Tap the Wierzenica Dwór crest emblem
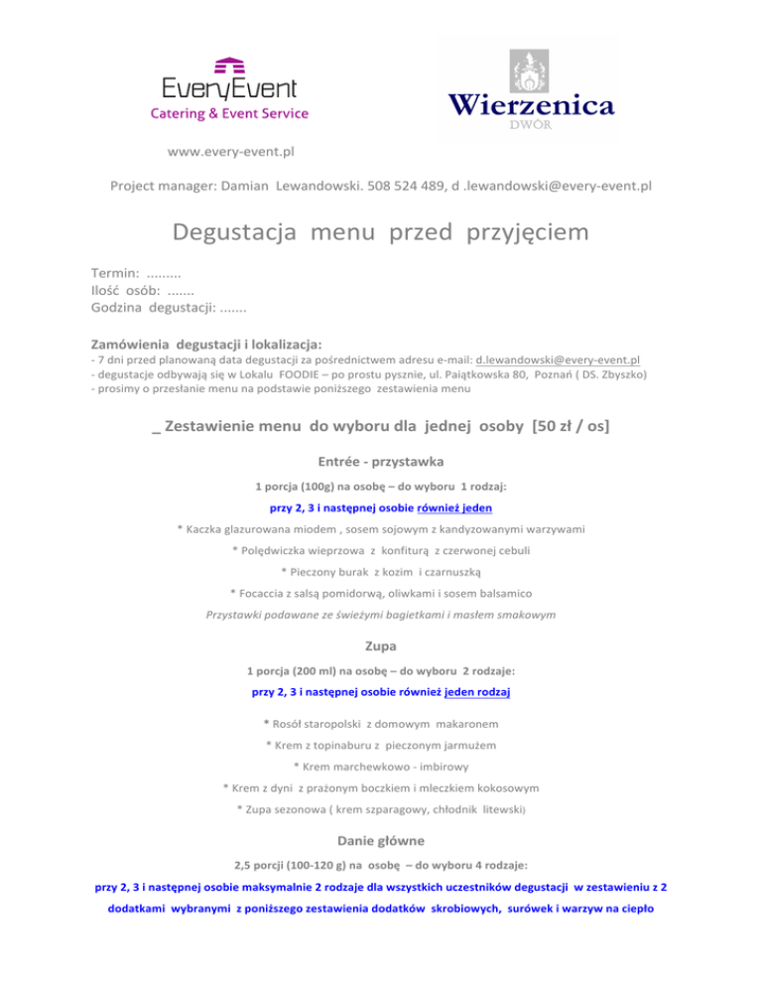click(529, 71)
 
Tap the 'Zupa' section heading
click(381, 644)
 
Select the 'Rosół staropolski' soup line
click(381, 723)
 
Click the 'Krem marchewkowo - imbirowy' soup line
click(381, 767)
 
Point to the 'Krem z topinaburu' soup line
click(381, 745)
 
